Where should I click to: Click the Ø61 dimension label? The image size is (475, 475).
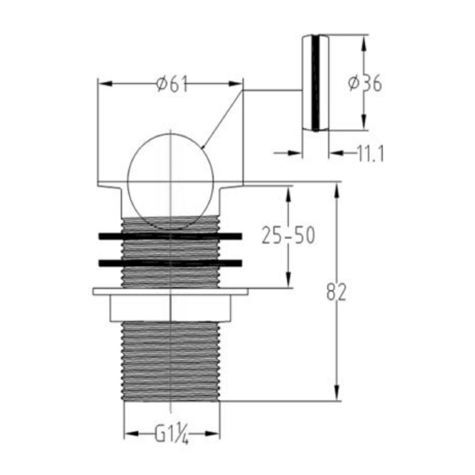(171, 85)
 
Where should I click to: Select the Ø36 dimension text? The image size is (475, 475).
(365, 84)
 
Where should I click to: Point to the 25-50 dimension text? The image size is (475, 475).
(288, 235)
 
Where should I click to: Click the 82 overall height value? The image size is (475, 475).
(336, 293)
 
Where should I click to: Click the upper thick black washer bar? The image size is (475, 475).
(170, 236)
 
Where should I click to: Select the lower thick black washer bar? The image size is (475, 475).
(170, 263)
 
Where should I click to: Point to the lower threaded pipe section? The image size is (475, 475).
(171, 361)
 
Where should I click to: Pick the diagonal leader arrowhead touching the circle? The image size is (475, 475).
(205, 146)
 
